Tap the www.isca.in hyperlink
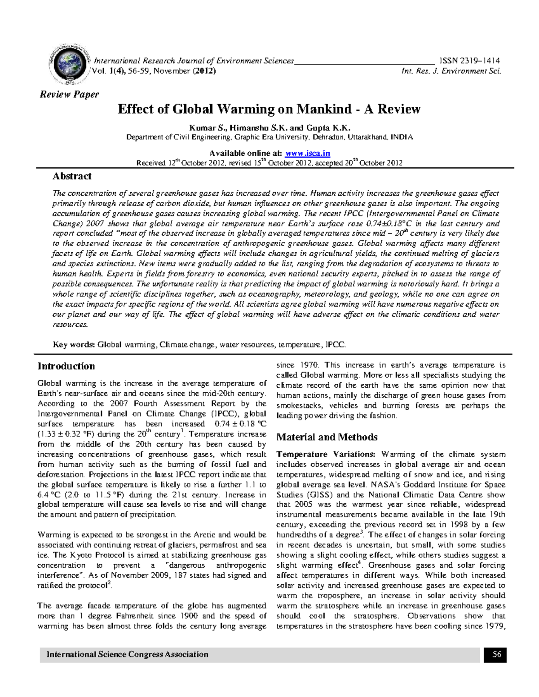[308, 153]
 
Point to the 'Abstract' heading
[72, 176]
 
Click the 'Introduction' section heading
[66, 366]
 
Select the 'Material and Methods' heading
[327, 437]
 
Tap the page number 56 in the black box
[496, 655]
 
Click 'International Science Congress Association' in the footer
[127, 655]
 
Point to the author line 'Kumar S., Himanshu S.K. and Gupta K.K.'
[269, 128]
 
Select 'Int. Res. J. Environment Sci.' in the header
[451, 71]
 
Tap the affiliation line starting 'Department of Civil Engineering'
[269, 137]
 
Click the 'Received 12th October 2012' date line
[269, 163]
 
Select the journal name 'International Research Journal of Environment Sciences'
[194, 61]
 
